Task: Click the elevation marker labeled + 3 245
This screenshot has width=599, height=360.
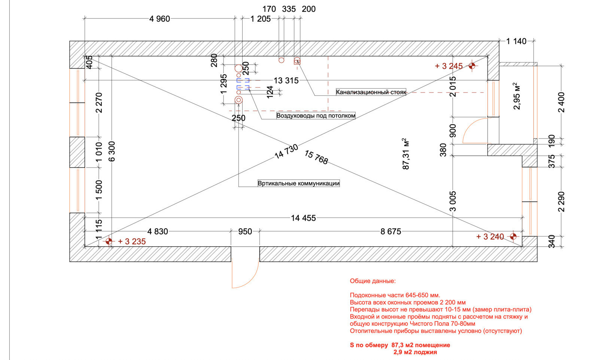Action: pos(472,66)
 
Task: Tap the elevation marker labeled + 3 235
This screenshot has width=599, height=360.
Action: pos(109,241)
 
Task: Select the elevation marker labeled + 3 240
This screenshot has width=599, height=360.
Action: pos(513,237)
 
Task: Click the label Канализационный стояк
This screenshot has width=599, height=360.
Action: pos(371,92)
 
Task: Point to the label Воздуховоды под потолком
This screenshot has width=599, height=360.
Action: pos(316,116)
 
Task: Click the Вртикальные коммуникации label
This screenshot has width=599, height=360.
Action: pos(298,183)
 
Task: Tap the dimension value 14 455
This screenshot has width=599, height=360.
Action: pos(303,218)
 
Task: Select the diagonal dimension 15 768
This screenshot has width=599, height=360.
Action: pos(316,158)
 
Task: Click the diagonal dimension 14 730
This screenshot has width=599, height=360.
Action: pos(286,152)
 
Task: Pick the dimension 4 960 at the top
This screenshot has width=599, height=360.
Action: pos(159,19)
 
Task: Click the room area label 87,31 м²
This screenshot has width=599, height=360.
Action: pos(406,153)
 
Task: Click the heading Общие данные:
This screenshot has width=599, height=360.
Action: pos(373,281)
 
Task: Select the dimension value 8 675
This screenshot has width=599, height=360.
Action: pos(390,232)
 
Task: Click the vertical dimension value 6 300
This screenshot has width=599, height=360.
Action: pos(112,151)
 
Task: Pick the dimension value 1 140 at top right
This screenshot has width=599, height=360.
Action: pos(516,42)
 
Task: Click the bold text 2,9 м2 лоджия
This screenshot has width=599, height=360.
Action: pos(415,352)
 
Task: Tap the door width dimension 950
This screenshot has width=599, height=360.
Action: pos(245,232)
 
